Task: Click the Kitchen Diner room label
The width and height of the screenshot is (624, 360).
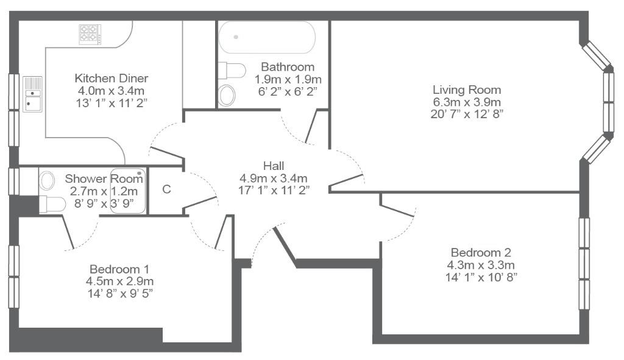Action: click(x=112, y=78)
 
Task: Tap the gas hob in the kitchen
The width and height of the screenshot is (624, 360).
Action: click(x=90, y=34)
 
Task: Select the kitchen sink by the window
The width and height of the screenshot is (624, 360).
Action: click(x=32, y=94)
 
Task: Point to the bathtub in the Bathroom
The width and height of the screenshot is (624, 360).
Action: click(x=267, y=37)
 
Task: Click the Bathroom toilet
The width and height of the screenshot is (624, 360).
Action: click(x=232, y=71)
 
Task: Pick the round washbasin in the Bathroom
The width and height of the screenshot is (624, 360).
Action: click(x=227, y=95)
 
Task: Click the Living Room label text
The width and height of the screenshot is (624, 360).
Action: click(x=467, y=90)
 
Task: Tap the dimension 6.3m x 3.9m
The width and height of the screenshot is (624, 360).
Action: click(x=467, y=102)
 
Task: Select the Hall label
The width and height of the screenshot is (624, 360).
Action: click(x=274, y=166)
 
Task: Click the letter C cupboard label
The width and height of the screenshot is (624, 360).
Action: click(x=167, y=189)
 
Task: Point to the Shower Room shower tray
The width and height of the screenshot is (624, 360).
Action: click(x=127, y=191)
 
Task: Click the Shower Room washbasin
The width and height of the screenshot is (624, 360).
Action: click(x=47, y=180)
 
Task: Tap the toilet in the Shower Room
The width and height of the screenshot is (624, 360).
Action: click(x=52, y=205)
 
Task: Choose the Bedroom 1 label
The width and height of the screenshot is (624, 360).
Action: click(x=119, y=269)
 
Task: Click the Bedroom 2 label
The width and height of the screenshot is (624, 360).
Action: click(x=481, y=252)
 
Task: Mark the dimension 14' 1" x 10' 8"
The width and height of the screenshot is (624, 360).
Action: click(x=481, y=277)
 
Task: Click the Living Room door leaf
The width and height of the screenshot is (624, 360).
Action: click(x=346, y=180)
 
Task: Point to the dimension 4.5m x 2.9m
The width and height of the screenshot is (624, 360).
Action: click(x=119, y=281)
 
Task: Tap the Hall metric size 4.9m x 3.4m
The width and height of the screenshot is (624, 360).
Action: click(x=274, y=178)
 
